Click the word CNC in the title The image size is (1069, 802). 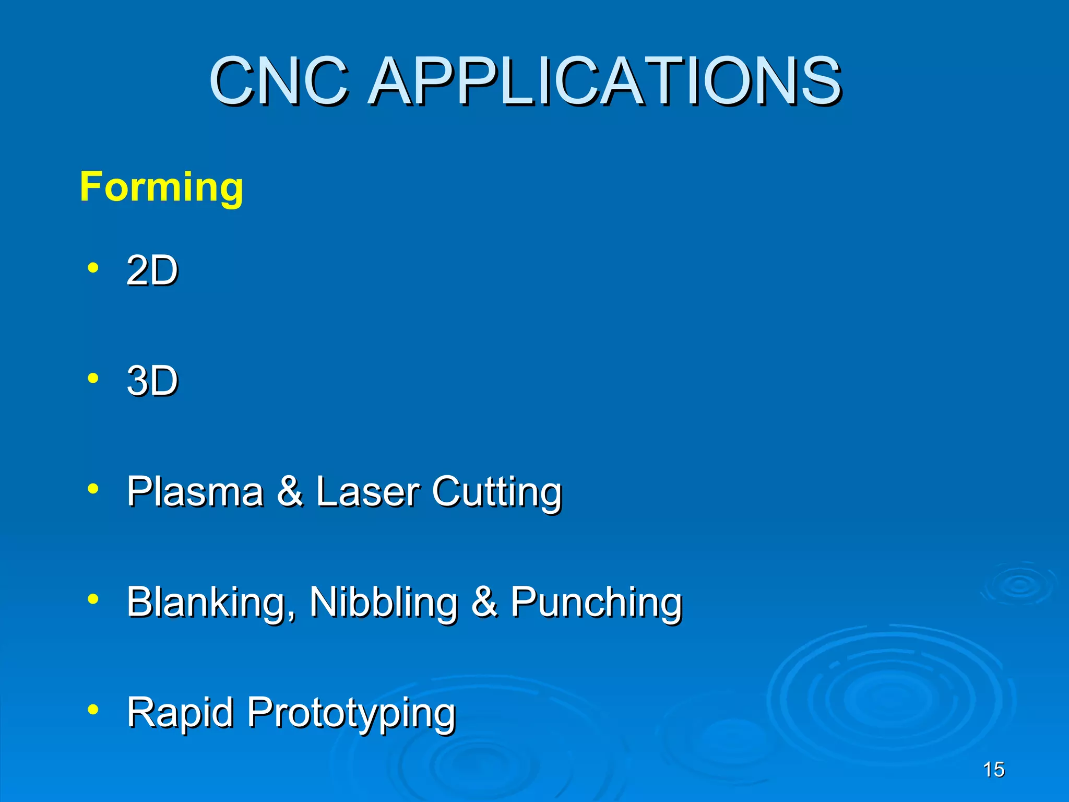click(279, 81)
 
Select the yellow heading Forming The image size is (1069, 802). click(161, 187)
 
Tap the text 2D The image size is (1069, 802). click(152, 270)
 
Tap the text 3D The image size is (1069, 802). click(152, 380)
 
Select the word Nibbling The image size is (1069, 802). click(384, 602)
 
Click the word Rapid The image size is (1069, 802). click(180, 713)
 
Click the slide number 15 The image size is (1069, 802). click(993, 770)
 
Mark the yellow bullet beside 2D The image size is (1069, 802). click(93, 268)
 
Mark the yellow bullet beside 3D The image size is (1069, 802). click(93, 378)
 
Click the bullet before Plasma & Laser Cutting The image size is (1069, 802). click(93, 489)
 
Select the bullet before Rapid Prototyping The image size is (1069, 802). click(93, 710)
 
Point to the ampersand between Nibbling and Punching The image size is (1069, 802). click(484, 602)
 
